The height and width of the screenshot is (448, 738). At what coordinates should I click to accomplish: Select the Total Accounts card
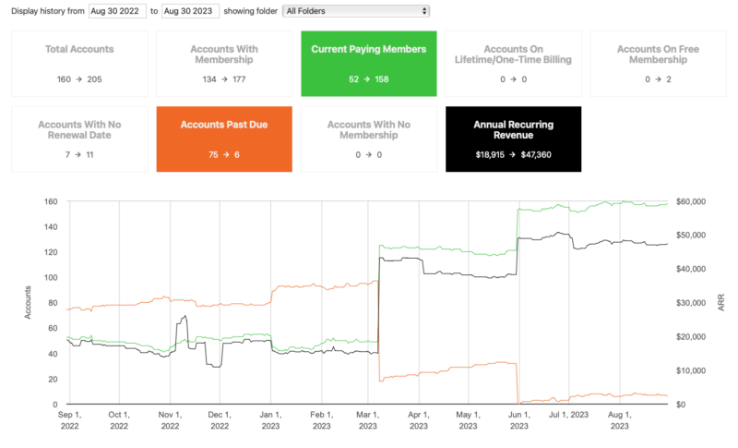79,63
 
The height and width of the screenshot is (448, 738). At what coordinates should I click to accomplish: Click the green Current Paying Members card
369,63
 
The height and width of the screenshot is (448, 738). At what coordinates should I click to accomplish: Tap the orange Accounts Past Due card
224,139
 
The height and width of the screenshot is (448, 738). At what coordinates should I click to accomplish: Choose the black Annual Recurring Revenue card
514,139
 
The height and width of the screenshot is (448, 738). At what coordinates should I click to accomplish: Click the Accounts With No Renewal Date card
79,139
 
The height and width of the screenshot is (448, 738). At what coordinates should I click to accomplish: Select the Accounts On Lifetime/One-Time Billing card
514,63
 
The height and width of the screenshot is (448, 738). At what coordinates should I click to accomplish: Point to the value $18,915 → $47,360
514,154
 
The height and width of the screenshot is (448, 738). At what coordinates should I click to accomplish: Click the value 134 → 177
224,79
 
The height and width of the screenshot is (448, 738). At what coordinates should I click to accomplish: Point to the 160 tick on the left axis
51,201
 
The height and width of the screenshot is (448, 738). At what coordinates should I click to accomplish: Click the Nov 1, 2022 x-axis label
170,421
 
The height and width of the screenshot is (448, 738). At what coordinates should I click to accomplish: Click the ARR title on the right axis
721,302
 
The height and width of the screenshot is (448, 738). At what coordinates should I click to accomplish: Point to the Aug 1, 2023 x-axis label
620,421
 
